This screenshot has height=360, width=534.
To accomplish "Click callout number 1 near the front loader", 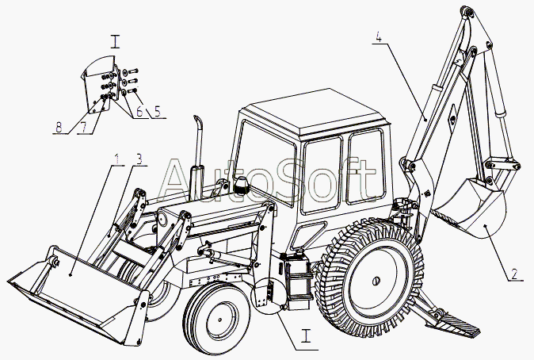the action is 116,159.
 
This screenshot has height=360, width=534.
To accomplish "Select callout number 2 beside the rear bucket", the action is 514,274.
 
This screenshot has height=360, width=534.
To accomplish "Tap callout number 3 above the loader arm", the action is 139,159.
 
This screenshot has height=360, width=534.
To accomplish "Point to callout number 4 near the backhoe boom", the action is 379,36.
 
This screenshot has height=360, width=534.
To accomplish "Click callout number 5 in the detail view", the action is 157,111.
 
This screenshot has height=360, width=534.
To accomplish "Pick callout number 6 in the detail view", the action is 139,111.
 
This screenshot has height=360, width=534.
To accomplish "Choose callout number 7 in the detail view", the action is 83,128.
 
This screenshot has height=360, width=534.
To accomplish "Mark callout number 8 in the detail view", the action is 59,128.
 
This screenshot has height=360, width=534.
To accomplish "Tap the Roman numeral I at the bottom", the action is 307,335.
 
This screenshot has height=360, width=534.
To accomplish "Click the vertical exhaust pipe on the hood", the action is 196,157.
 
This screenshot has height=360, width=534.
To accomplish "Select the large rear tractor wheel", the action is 370,278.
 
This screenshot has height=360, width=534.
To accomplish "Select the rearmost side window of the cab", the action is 366,167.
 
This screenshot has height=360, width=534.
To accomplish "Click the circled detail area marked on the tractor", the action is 269,296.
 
